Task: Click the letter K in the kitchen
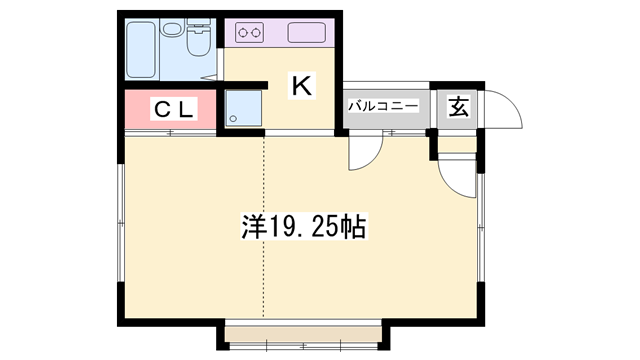(302, 87)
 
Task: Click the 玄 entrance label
(458, 107)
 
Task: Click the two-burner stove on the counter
(250, 34)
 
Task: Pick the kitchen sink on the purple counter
(307, 33)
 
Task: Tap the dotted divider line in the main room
(264, 230)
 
